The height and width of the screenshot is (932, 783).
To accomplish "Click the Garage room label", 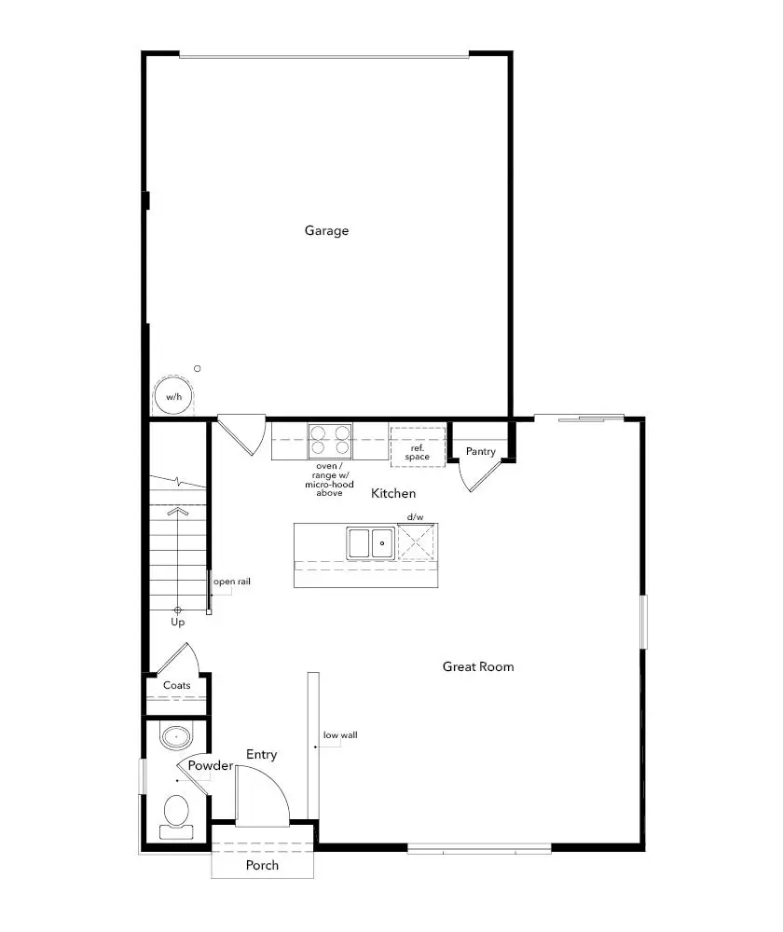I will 326,230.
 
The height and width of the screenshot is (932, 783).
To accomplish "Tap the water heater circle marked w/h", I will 173,396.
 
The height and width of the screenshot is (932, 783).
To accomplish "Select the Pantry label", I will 481,452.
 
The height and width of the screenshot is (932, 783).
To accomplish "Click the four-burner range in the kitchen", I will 331,440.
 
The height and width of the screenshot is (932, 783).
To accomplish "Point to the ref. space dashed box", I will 417,447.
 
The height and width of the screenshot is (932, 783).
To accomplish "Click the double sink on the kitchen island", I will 370,542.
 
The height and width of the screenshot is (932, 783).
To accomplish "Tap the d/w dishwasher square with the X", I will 417,542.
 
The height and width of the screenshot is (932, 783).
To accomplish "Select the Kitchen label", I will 393,493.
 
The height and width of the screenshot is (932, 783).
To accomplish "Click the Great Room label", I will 478,666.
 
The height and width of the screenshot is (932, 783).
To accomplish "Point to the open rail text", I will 232,582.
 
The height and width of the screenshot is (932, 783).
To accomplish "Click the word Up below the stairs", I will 177,622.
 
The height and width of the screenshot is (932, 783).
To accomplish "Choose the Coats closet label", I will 177,685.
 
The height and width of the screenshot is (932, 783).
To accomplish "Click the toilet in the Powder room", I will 175,811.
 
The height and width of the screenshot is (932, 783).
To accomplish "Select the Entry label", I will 261,754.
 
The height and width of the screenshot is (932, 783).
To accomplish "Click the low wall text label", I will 340,734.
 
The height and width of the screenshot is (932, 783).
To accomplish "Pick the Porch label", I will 262,865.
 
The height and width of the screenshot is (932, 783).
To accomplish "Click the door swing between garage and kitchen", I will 244,435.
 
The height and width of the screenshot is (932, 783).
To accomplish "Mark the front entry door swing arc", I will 265,792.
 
